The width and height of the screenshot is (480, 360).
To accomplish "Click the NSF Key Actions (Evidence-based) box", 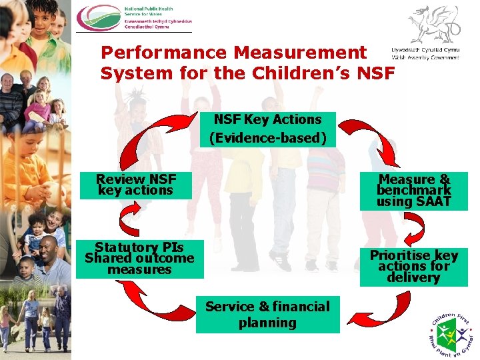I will click(x=267, y=129).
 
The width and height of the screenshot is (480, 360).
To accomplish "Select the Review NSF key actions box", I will click(x=136, y=185).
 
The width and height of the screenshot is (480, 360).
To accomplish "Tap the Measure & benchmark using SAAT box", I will click(x=413, y=191).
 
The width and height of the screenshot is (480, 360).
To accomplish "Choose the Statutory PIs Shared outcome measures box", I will click(x=139, y=259).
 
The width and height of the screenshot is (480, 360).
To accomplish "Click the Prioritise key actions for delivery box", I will click(x=413, y=267).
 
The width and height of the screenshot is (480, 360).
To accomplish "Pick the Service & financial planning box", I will click(x=267, y=315).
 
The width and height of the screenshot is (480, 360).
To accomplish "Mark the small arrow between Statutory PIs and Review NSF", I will click(x=130, y=218).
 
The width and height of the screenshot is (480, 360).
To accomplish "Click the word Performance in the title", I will click(x=167, y=53).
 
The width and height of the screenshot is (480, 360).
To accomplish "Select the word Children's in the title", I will click(x=315, y=73).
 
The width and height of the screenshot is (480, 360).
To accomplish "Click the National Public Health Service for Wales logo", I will click(x=133, y=18).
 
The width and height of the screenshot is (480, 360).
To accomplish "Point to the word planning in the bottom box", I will click(x=267, y=323).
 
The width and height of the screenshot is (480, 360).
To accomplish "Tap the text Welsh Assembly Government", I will click(x=425, y=57).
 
